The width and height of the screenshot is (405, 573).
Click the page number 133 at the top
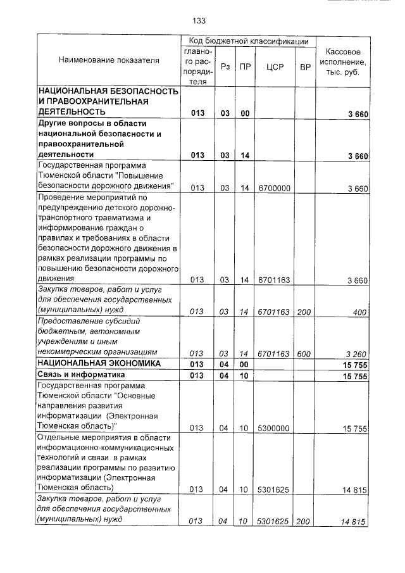pos(199,20)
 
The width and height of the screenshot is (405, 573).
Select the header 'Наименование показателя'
pos(109,60)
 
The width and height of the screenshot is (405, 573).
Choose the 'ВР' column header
pos(304,66)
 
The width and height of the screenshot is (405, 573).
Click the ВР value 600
pos(304,353)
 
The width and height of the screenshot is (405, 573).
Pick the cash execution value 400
pos(359,312)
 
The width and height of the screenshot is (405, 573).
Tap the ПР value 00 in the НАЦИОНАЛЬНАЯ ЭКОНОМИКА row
pos(244,364)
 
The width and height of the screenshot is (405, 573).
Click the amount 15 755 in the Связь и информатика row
pos(355,376)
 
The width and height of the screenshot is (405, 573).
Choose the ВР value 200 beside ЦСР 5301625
pos(304,522)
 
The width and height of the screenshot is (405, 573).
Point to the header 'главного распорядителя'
pos(198,66)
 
